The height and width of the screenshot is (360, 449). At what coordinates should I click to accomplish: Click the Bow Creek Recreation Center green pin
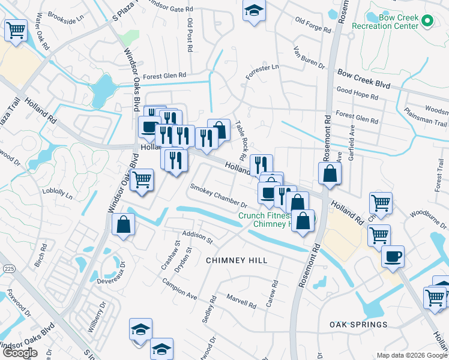(427, 22)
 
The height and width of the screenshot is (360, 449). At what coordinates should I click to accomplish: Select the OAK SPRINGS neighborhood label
(358, 325)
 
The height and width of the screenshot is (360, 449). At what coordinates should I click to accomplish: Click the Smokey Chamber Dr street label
(218, 196)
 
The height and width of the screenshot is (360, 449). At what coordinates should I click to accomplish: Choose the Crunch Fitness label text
(264, 215)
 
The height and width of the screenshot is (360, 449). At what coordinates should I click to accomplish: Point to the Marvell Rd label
(241, 301)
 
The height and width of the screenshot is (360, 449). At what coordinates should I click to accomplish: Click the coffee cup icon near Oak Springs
(393, 256)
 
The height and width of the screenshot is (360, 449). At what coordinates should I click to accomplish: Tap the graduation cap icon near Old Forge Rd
(255, 11)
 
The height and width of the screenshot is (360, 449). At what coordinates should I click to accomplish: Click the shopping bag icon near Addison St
(123, 225)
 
